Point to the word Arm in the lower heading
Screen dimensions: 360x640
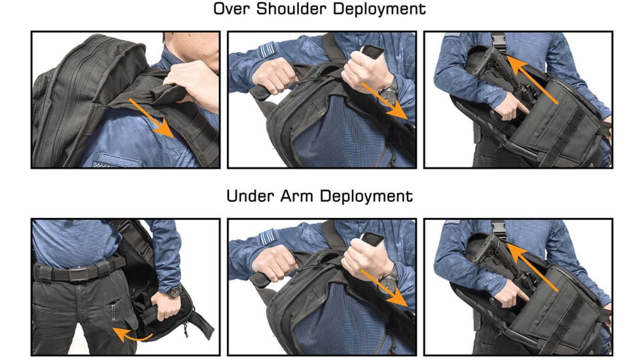pos(301,196)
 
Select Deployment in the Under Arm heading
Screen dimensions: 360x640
pos(368,196)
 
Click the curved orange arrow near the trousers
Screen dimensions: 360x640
pos(130,331)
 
